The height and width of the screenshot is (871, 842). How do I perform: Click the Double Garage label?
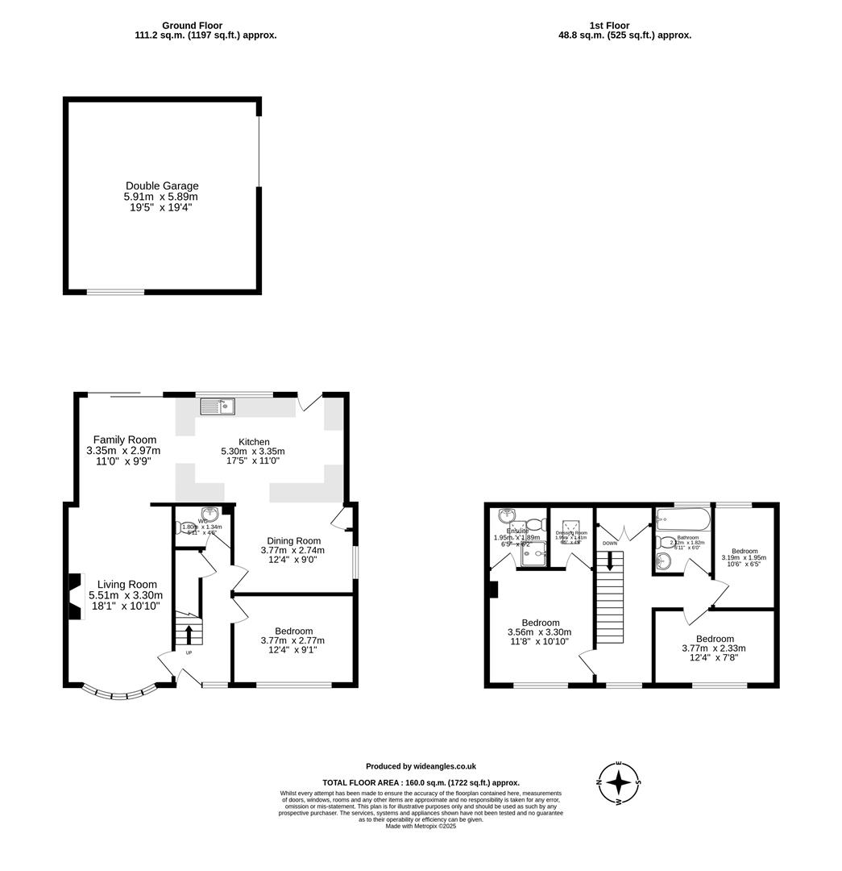(161, 185)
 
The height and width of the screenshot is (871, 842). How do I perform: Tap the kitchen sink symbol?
(218, 406)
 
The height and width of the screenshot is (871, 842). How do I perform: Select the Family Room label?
(124, 440)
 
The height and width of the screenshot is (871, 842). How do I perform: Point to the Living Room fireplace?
(75, 597)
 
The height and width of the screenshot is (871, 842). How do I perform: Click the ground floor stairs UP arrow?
(189, 632)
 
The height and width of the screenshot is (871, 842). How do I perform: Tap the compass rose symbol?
(619, 782)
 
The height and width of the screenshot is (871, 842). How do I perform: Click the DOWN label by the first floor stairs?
(609, 544)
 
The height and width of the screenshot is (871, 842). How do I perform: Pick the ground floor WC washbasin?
(210, 513)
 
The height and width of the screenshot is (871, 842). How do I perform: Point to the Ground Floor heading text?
(192, 26)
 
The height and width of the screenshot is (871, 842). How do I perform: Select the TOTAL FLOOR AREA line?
(421, 782)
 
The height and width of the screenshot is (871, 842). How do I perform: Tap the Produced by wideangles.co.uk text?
(421, 766)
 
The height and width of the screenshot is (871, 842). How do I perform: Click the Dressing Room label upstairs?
(571, 533)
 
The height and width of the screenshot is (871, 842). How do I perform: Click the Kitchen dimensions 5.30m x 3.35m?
(253, 452)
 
